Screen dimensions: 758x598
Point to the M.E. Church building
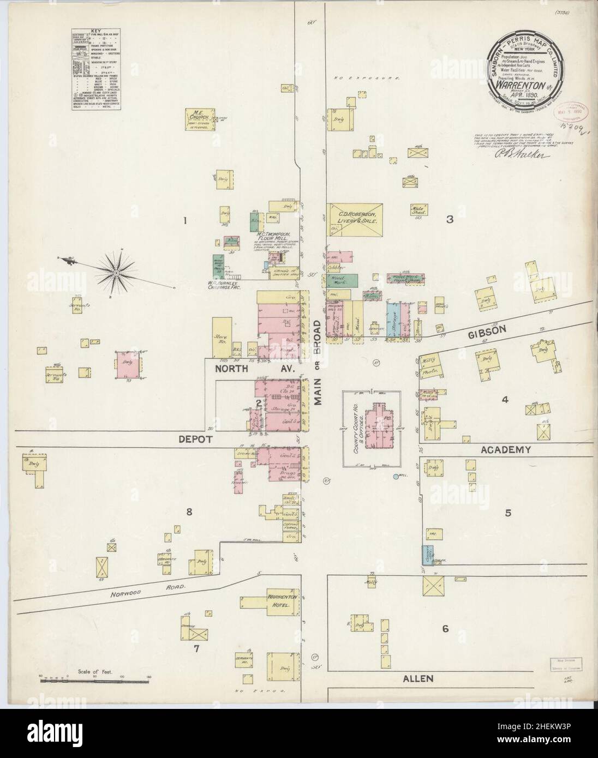click(199, 116)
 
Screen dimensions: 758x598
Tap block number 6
click(445, 629)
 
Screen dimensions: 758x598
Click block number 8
click(189, 512)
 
